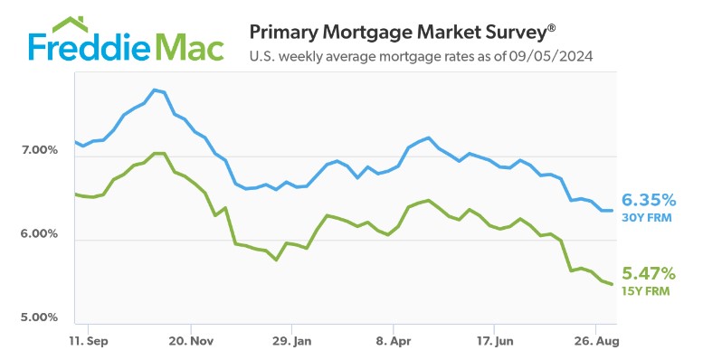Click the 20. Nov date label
(191, 343)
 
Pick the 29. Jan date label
(291, 343)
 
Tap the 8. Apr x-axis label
(393, 343)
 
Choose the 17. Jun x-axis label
(494, 343)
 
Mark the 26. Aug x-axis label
(594, 343)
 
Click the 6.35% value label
(649, 200)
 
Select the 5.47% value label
(649, 273)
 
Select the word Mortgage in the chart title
(357, 33)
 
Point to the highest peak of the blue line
(156, 90)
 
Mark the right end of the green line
(613, 284)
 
